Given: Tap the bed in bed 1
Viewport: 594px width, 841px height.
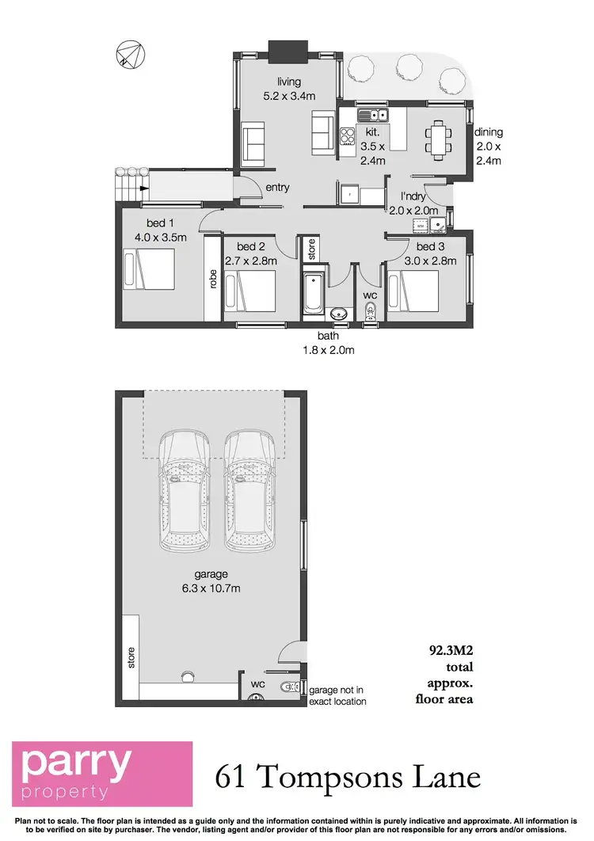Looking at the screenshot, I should (x=148, y=269).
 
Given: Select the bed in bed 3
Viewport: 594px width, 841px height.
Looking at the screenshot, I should (x=413, y=292).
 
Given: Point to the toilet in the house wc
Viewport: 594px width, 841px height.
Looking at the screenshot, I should (x=369, y=313).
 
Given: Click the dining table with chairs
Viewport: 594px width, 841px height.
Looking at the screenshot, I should (x=438, y=141).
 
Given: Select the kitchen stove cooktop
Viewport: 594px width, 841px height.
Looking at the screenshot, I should (x=348, y=136).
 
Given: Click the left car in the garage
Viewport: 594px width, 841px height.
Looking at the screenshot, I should (x=184, y=491).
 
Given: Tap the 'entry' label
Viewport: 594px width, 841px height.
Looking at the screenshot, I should (x=278, y=188).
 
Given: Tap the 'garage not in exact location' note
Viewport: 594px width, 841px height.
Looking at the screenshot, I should (x=337, y=695).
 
